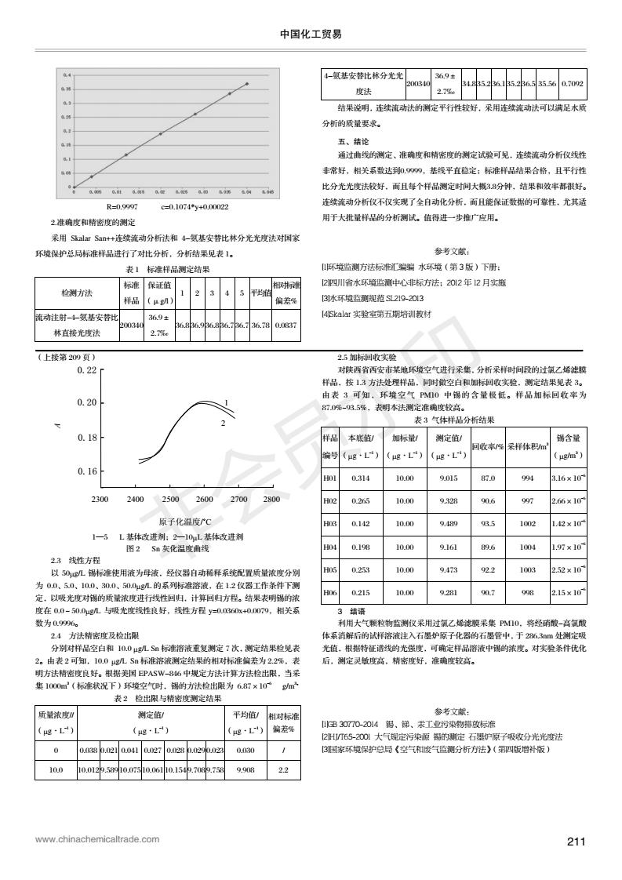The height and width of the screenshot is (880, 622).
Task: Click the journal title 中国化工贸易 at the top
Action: (x=311, y=35)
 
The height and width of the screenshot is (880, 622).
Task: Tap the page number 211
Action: (x=577, y=842)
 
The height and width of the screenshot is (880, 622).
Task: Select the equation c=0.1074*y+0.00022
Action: (x=195, y=207)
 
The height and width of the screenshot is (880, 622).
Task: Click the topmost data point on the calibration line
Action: (x=247, y=84)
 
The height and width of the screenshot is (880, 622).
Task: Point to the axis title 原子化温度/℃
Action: (x=185, y=522)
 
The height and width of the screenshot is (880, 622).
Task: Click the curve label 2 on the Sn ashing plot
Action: (x=223, y=401)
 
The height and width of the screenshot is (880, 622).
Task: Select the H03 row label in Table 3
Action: (x=329, y=523)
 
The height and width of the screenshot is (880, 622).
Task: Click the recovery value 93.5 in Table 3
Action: (x=487, y=523)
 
